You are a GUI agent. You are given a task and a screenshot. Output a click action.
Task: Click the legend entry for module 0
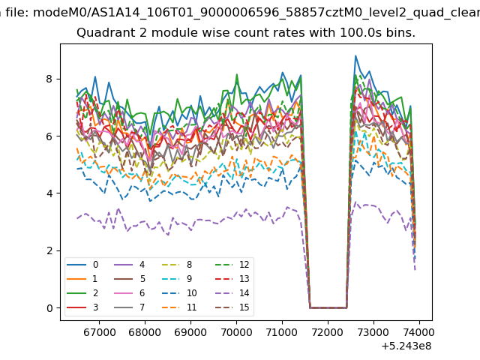coord(82,265)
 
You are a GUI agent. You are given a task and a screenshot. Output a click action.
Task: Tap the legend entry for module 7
coord(129,307)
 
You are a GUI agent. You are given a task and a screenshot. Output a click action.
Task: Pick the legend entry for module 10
coord(180,293)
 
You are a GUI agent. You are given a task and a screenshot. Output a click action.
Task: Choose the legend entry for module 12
coord(232,265)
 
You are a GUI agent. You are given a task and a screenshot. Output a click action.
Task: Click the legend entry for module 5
coord(129,279)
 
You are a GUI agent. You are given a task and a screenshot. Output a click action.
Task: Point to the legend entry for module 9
coord(178,279)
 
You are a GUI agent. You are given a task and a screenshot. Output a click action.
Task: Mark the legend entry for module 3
coord(82,307)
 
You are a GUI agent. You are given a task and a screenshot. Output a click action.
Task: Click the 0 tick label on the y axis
coord(49,308)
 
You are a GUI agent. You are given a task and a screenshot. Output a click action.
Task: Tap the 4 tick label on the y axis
coord(49,193)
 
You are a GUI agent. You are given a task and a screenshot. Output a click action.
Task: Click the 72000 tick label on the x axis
coord(328,332)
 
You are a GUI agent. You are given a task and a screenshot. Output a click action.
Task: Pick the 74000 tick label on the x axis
coord(419,332)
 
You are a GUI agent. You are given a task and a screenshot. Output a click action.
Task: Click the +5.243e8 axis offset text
coord(406,346)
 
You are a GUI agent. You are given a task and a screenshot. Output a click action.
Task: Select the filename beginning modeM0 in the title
coord(256,13)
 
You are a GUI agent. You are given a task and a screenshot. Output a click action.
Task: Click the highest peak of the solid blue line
coord(355,55)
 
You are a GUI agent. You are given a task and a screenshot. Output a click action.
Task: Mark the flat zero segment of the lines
coord(328,307)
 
